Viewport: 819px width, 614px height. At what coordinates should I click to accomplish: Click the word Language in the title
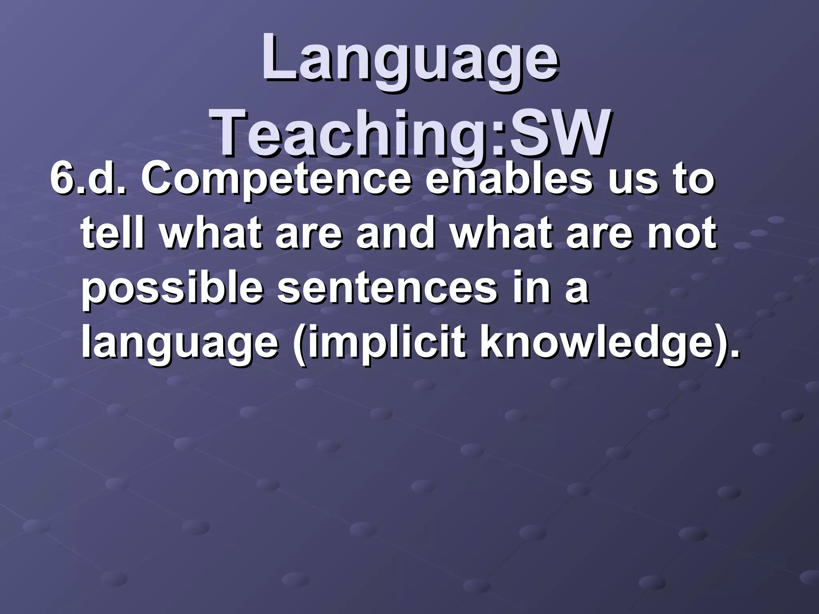pos(410,60)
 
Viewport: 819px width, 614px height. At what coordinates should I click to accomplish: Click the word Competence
pos(276,180)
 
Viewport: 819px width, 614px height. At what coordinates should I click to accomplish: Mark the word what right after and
pos(500,233)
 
